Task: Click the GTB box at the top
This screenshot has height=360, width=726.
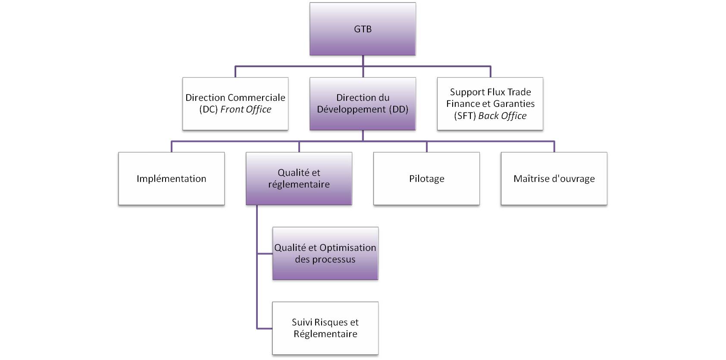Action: (x=363, y=29)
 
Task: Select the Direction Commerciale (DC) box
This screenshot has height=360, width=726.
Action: (x=235, y=104)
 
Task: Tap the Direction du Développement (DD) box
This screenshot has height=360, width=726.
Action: (x=363, y=104)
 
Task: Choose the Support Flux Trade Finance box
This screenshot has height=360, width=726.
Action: (x=490, y=104)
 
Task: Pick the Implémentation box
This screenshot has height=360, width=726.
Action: (x=172, y=178)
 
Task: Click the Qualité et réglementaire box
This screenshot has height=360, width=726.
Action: (x=299, y=178)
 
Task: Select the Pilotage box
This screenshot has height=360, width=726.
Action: (x=426, y=178)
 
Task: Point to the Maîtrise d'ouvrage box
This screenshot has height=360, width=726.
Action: (x=554, y=178)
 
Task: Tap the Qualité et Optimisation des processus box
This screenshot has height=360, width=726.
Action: (x=325, y=254)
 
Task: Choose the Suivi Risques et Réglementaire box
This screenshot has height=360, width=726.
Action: (x=325, y=328)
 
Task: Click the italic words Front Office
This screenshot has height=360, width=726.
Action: (x=246, y=110)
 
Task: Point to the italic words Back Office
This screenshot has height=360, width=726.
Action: (x=502, y=116)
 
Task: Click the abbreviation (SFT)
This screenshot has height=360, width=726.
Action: (x=465, y=116)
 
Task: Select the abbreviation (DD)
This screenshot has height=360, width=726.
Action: (x=399, y=110)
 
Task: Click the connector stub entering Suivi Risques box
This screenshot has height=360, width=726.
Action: (x=264, y=329)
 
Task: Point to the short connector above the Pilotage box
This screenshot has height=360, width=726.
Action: (x=426, y=147)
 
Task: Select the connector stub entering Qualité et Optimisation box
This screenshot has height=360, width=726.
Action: (x=265, y=254)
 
